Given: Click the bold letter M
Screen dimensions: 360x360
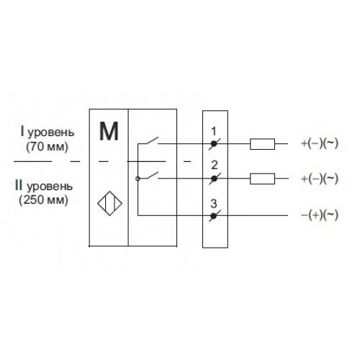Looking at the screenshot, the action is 109,131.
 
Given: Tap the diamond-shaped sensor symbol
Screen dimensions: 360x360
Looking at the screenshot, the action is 109,203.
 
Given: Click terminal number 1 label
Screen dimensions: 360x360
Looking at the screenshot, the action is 213,131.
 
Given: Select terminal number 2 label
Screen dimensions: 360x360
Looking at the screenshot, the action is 215,165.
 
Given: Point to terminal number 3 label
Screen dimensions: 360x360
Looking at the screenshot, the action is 214,204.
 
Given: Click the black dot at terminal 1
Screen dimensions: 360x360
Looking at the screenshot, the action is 214,144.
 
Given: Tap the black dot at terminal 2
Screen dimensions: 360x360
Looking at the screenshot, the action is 214,179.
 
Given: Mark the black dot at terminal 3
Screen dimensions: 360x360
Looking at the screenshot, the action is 213,216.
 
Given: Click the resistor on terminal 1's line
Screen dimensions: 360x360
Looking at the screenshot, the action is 262,144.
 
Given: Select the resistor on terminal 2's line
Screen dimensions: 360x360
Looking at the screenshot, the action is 262,179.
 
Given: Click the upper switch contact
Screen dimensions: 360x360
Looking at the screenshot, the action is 151,140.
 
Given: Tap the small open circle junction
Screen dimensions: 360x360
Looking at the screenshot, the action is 138,179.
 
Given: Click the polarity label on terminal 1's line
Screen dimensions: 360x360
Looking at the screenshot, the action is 319,143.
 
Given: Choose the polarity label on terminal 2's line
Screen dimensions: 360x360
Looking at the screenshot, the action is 319,179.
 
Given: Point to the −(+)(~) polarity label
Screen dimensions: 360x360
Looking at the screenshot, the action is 319,215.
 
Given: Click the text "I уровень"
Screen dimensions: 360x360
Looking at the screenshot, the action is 48,132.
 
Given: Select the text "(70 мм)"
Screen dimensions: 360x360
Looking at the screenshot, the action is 47,146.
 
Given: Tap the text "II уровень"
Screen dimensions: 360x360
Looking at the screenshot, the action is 44,186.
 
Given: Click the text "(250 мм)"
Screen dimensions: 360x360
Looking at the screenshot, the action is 44,200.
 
